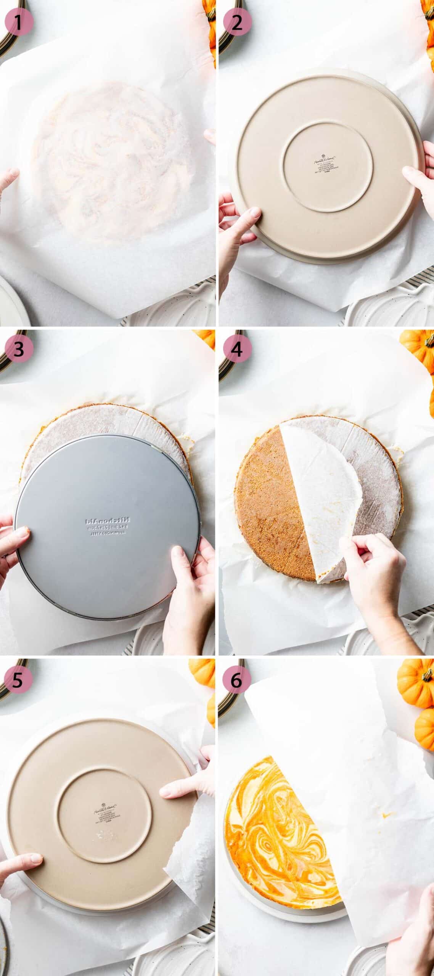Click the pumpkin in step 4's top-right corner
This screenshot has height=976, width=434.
[418, 349]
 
